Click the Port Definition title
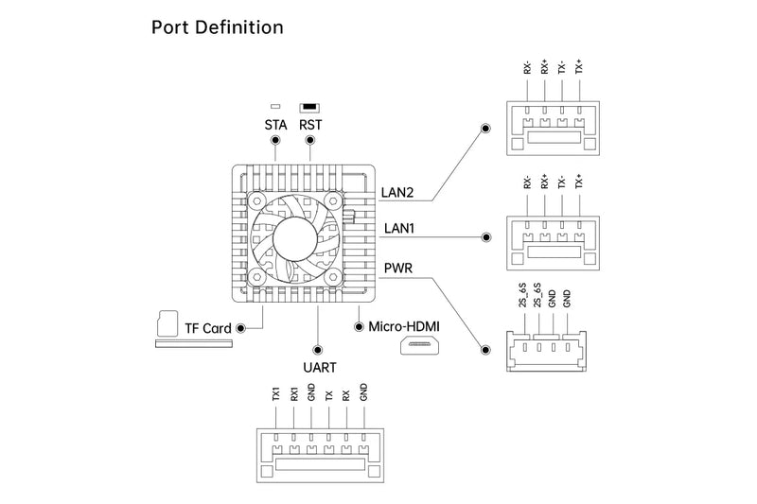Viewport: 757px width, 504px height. coord(217,27)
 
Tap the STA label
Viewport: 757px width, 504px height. coord(275,125)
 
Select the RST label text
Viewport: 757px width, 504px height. coord(310,125)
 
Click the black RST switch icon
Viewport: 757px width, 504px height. coord(309,106)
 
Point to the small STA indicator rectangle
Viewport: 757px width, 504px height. coord(275,106)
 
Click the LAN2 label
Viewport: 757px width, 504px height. coord(397,192)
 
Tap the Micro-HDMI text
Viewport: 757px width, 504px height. coord(405,326)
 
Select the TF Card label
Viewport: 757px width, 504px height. coord(208,328)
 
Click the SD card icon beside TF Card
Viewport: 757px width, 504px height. coord(167,322)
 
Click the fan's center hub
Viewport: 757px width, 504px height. coord(293,230)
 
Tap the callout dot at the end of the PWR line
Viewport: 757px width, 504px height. coord(485,349)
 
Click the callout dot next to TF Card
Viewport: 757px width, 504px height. coord(242,328)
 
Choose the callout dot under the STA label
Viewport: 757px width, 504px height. coord(275,141)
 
